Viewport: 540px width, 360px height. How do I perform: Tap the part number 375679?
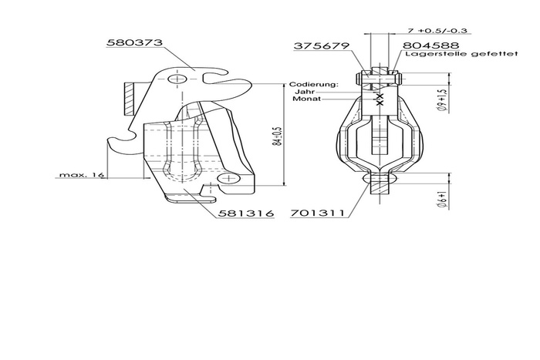click(x=320, y=46)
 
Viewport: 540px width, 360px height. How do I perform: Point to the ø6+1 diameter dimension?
click(x=440, y=200)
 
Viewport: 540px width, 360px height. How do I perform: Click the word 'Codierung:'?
click(x=312, y=83)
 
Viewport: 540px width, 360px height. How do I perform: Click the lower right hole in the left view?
click(x=227, y=179)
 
